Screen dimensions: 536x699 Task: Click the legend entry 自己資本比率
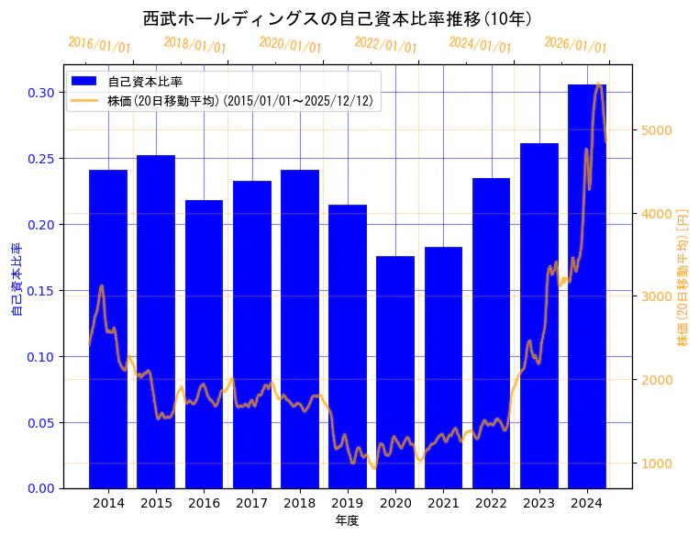point(145,82)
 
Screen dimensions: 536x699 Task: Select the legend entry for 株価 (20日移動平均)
point(239,101)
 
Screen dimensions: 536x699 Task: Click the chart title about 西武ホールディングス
point(338,18)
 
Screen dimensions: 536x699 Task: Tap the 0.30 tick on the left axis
point(41,93)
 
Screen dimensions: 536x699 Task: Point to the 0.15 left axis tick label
point(41,291)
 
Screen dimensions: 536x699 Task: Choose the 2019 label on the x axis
point(348,503)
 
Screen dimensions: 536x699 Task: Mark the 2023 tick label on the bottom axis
point(538,503)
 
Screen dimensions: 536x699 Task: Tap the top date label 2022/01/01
point(385,45)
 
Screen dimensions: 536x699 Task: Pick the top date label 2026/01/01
point(575,45)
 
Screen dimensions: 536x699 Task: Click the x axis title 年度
point(347,520)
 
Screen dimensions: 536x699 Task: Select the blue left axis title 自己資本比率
point(17,279)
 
